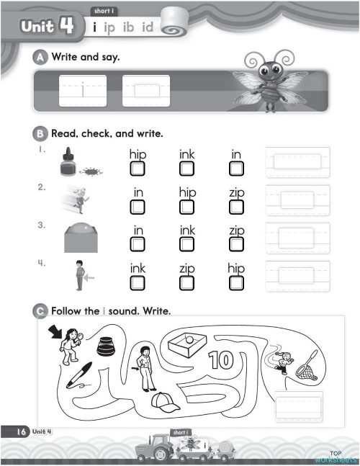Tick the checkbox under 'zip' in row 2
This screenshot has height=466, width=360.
tap(236, 207)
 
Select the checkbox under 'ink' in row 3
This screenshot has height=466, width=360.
tap(187, 245)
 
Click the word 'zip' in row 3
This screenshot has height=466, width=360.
tap(236, 230)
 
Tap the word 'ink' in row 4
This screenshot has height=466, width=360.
tap(138, 268)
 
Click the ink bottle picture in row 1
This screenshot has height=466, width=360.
tap(68, 163)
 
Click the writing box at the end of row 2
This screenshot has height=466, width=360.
tap(297, 200)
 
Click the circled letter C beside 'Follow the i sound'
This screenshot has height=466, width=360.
tap(42, 310)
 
